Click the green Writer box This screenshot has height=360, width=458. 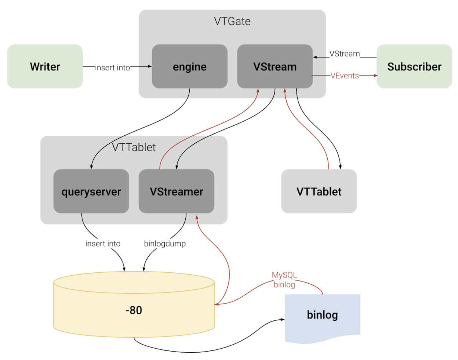pyautogui.click(x=45, y=66)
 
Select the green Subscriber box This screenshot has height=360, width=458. pyautogui.click(x=414, y=66)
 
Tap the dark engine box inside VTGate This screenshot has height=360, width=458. pyautogui.click(x=189, y=66)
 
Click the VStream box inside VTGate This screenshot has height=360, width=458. pyautogui.click(x=275, y=66)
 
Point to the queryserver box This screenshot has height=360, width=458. pyautogui.click(x=91, y=191)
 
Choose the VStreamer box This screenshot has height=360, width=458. pyautogui.click(x=176, y=191)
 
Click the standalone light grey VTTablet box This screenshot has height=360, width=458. pyautogui.click(x=319, y=191)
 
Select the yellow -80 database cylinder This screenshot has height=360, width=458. pyautogui.click(x=134, y=310)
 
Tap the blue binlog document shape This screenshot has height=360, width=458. pyautogui.click(x=322, y=315)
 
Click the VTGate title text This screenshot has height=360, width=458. pyautogui.click(x=232, y=21)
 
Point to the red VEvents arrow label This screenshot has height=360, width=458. pyautogui.click(x=345, y=76)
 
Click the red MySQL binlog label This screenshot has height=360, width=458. pyautogui.click(x=284, y=280)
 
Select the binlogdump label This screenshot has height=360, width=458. pyautogui.click(x=165, y=244)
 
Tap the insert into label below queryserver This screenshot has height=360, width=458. pyautogui.click(x=103, y=244)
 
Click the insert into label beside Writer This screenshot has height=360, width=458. pyautogui.click(x=112, y=68)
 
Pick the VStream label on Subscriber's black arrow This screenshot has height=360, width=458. pyautogui.click(x=345, y=54)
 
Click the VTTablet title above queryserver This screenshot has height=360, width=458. pyautogui.click(x=134, y=147)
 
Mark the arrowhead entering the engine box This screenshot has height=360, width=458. pyautogui.click(x=150, y=66)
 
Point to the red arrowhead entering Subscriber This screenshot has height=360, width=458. pyautogui.click(x=375, y=76)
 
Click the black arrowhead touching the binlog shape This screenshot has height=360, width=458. pyautogui.click(x=283, y=319)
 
